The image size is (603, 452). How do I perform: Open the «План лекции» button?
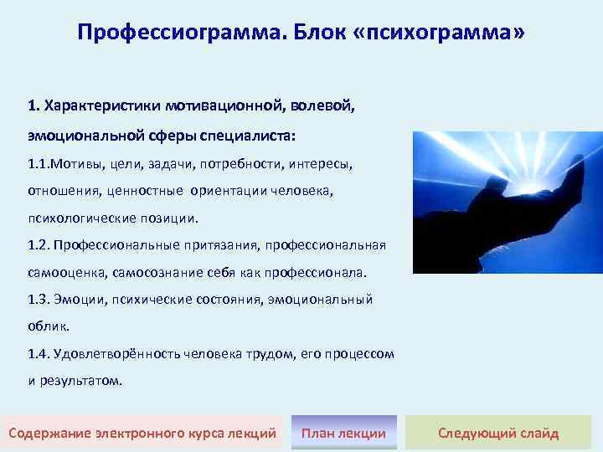(343, 433)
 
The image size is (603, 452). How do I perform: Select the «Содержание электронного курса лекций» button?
(142, 433)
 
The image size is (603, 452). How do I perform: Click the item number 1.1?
(39, 163)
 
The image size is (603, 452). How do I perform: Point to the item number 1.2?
(39, 244)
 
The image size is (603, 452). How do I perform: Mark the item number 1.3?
(39, 299)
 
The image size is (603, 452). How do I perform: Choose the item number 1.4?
(39, 353)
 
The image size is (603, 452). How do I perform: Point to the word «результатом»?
(82, 380)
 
